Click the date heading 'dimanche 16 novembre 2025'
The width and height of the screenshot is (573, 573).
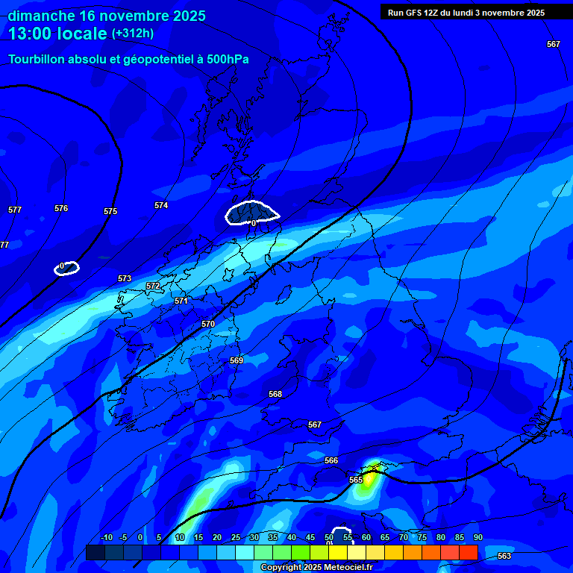107,16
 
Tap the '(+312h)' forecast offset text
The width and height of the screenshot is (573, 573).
133,34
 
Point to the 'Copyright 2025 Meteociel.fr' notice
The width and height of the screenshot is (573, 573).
316,567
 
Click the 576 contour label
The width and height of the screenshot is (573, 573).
61,208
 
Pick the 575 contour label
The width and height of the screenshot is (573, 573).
110,211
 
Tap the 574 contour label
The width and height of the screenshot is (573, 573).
161,205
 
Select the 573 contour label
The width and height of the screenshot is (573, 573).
125,278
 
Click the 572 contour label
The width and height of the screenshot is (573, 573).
153,286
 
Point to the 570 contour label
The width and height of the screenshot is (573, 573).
208,324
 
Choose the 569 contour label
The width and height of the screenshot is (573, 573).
237,360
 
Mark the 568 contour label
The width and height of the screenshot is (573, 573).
275,394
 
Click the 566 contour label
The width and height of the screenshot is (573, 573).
331,460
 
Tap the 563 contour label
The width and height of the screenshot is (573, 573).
504,556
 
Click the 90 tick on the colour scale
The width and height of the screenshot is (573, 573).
477,537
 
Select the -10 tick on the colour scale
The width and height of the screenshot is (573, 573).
106,537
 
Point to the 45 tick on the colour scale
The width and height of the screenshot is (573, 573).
310,537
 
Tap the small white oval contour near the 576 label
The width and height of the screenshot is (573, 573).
66,268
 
